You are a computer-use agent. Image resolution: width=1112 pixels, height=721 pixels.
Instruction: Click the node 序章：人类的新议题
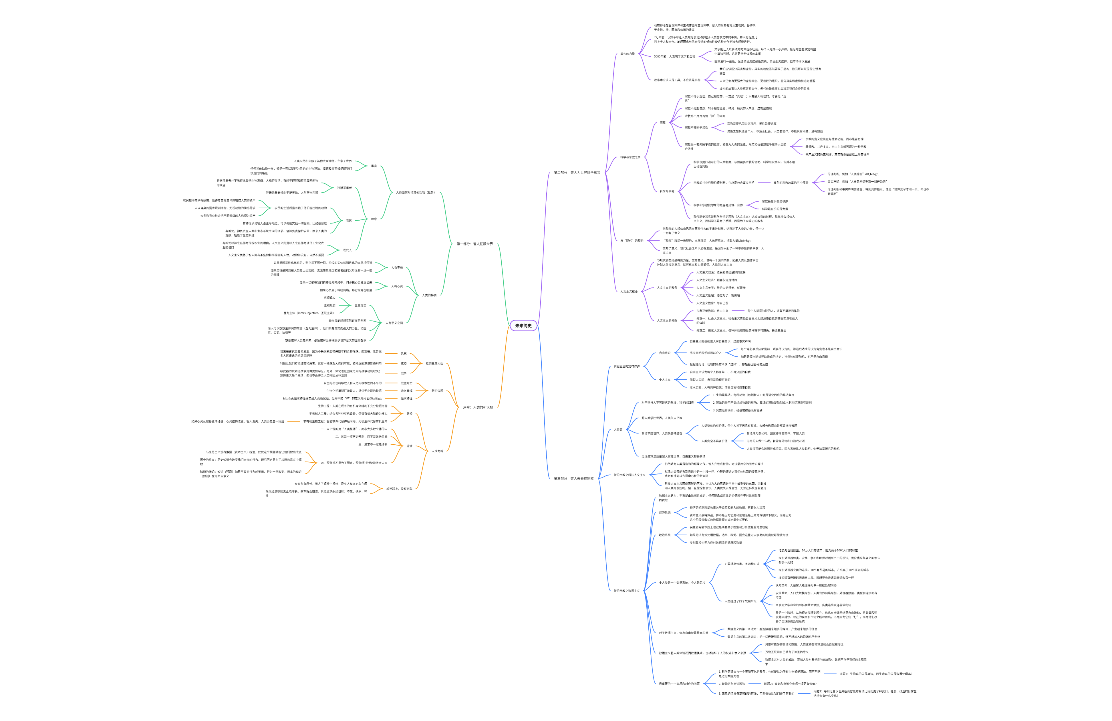(x=478, y=407)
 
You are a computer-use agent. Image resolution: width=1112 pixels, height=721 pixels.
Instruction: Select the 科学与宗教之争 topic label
(x=630, y=157)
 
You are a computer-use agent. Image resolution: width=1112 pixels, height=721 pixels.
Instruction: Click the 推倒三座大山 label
(x=434, y=364)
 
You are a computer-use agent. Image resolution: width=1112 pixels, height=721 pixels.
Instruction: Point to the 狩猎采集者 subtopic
(x=344, y=188)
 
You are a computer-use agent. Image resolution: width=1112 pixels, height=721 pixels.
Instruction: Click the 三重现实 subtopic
(x=360, y=306)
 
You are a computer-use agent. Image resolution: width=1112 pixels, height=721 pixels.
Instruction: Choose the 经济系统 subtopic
(x=664, y=513)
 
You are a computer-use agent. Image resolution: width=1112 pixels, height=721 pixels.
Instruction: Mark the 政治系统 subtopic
(x=664, y=535)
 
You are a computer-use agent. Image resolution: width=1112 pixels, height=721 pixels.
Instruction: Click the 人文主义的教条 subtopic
(x=667, y=288)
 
